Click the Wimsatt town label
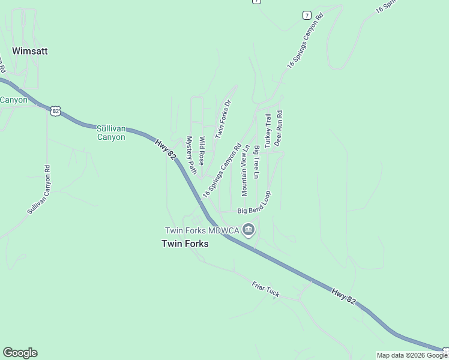coord(29,52)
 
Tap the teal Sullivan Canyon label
coord(111,133)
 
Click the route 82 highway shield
coord(56,111)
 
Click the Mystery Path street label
coord(191,155)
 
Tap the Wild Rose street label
coord(203,151)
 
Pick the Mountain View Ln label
coord(245,170)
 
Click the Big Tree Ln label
coord(256,162)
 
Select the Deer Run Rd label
coord(279,128)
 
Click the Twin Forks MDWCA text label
coord(202,230)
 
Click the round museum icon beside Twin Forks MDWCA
coord(249,230)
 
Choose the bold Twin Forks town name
coord(185,244)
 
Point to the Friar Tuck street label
coord(265,290)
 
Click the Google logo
coord(20,353)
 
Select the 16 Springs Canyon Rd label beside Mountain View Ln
coord(221,171)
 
